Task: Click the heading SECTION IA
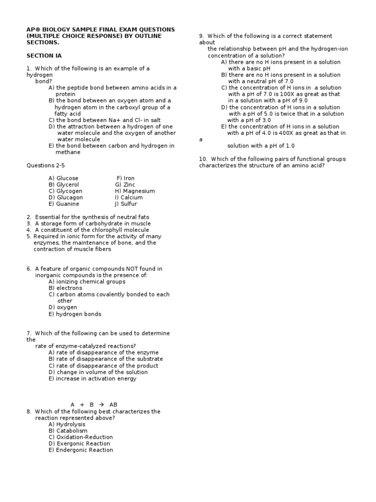click(44, 56)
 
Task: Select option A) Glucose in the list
click(63, 178)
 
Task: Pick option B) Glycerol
click(64, 185)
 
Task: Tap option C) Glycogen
click(65, 191)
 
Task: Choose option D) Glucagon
click(66, 198)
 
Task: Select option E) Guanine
click(64, 204)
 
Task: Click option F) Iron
click(125, 178)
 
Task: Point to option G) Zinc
click(125, 185)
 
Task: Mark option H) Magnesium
click(135, 191)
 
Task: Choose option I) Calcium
click(129, 198)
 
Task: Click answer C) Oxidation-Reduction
click(80, 437)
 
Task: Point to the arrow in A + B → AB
click(102, 405)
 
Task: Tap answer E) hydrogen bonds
click(74, 314)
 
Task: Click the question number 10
click(202, 159)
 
